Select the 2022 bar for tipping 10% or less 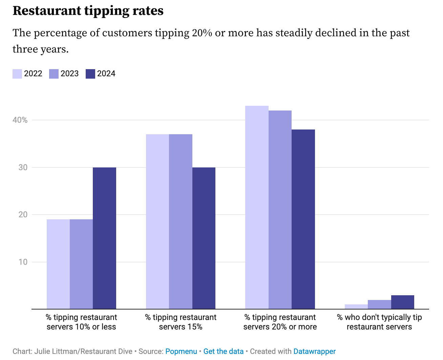point(58,264)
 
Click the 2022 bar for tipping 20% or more point(257,207)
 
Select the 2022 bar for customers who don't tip point(356,307)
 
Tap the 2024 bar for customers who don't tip point(402,302)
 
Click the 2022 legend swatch point(17,74)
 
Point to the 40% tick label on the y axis point(20,120)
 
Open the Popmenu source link point(181,352)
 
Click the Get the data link point(223,352)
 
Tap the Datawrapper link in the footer point(314,352)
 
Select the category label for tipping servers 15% point(181,322)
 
